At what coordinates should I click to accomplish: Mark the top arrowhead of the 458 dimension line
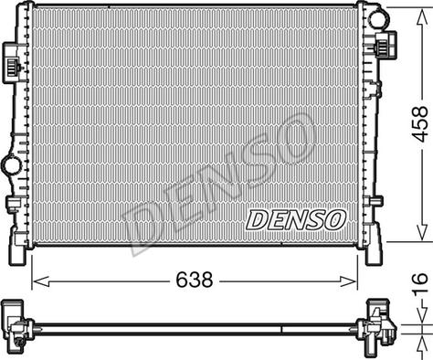point(419,10)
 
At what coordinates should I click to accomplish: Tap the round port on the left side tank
point(11,166)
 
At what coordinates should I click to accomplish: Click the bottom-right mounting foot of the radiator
point(375,249)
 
